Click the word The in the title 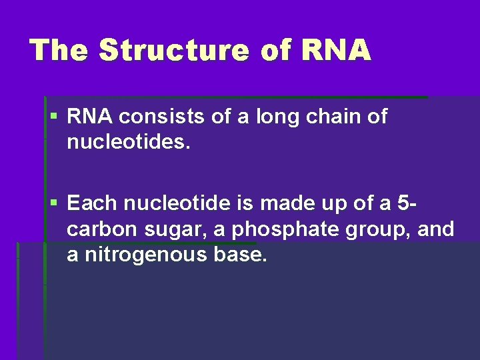[x=59, y=51]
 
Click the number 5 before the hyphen [x=405, y=202]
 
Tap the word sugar [x=165, y=229]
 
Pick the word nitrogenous [x=148, y=255]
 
